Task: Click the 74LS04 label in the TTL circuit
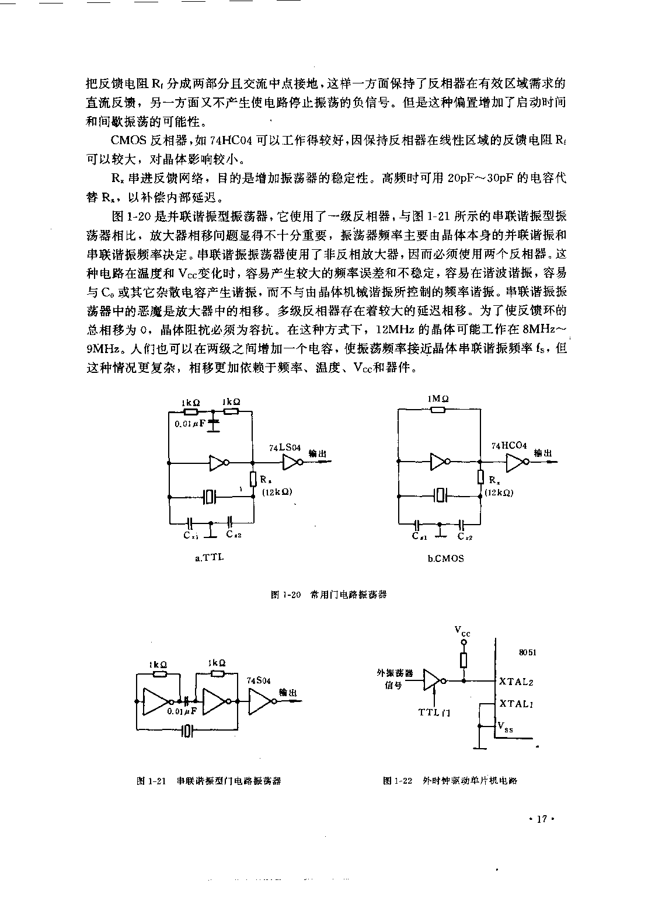pos(284,447)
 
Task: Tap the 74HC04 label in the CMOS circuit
pos(508,446)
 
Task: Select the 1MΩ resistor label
pos(438,399)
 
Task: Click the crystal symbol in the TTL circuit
pos(209,497)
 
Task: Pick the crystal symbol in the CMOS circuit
pos(440,496)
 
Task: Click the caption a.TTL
pos(209,558)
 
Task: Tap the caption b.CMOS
pos(446,558)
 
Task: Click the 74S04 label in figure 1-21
pos(259,680)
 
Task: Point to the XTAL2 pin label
pos(516,682)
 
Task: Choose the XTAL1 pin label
pos(516,703)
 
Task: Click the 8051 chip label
pos(528,652)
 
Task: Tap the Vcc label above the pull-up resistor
pos(462,631)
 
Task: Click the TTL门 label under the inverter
pos(434,713)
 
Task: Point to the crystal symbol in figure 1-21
pos(186,731)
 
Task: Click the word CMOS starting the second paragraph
pos(128,140)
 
